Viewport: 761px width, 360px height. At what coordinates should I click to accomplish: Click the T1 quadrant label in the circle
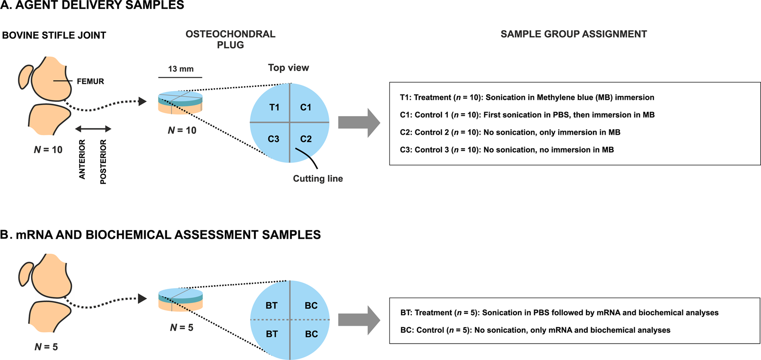pyautogui.click(x=274, y=107)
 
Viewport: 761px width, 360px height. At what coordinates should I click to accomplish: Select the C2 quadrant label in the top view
pyautogui.click(x=306, y=139)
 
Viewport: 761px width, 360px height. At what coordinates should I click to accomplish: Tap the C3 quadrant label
pyautogui.click(x=273, y=139)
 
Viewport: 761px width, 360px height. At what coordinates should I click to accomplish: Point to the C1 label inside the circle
pyautogui.click(x=306, y=107)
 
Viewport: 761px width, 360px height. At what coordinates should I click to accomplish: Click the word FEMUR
pyautogui.click(x=90, y=81)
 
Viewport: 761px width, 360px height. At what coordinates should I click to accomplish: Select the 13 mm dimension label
pyautogui.click(x=180, y=69)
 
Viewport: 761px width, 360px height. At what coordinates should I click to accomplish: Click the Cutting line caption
pyautogui.click(x=318, y=179)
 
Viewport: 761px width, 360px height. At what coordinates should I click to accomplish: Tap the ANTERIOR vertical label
pyautogui.click(x=82, y=159)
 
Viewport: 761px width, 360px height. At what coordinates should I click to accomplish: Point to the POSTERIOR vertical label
pyautogui.click(x=103, y=162)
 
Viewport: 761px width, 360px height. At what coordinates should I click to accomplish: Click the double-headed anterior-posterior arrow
pyautogui.click(x=93, y=129)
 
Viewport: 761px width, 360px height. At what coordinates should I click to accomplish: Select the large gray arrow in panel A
pyautogui.click(x=359, y=123)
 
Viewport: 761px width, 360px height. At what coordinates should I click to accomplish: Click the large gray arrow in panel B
pyautogui.click(x=359, y=320)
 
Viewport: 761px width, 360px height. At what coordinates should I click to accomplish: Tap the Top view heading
pyautogui.click(x=288, y=68)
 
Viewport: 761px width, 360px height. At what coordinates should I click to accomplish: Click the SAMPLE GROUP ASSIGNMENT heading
pyautogui.click(x=574, y=34)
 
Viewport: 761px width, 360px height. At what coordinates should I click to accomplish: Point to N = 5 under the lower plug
pyautogui.click(x=181, y=328)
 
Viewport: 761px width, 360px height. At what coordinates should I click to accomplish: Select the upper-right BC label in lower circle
pyautogui.click(x=311, y=306)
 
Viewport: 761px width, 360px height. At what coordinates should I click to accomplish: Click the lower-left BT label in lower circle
pyautogui.click(x=272, y=334)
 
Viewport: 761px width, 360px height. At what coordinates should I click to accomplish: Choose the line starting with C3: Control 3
pyautogui.click(x=507, y=150)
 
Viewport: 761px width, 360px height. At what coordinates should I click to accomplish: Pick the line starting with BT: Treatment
pyautogui.click(x=559, y=313)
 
